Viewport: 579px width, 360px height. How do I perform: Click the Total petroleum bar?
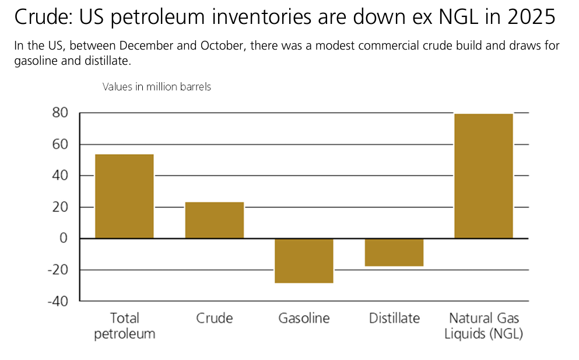tap(124, 196)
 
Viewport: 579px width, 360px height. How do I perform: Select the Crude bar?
tap(214, 220)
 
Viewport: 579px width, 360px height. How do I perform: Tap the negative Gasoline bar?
tap(304, 260)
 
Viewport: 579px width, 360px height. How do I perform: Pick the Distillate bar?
tap(394, 252)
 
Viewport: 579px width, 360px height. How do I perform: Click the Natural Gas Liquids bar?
tap(483, 176)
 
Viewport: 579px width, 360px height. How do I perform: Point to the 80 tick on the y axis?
tap(60, 113)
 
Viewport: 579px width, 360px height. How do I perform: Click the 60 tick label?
tap(60, 144)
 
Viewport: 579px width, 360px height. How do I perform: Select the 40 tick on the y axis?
tap(60, 176)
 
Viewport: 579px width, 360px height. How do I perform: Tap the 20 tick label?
tap(60, 207)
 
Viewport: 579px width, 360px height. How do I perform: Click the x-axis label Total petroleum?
tap(124, 326)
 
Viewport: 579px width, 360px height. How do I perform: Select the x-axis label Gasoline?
tap(304, 319)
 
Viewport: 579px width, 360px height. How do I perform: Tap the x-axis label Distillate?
tap(394, 319)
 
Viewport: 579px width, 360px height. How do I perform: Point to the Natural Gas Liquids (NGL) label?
tap(483, 326)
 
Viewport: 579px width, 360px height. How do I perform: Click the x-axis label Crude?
tap(214, 319)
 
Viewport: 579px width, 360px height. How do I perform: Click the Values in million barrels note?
tap(156, 87)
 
